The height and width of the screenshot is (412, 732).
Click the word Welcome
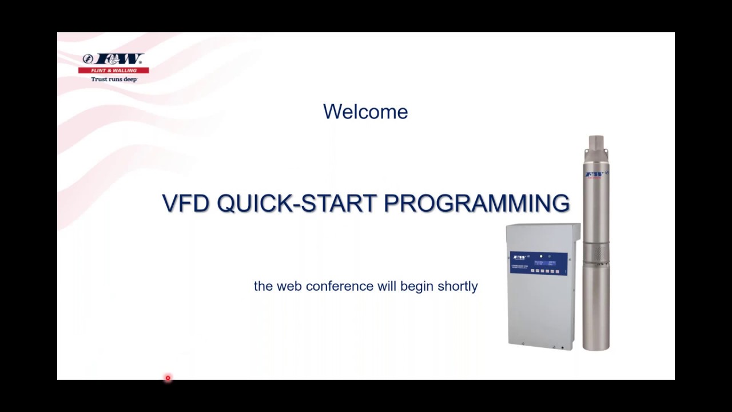point(365,112)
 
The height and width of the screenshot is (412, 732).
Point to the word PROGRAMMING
point(476,204)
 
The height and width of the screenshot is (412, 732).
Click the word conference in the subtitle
point(340,286)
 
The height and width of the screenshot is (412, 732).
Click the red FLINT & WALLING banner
point(114,70)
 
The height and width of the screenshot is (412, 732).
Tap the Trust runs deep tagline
point(114,79)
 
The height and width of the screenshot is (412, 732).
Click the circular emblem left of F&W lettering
point(87,58)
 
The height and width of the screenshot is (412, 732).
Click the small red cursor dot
point(168,378)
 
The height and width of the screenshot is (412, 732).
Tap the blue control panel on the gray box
point(538,263)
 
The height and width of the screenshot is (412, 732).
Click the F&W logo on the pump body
point(594,174)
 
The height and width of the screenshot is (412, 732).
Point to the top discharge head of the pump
point(596,143)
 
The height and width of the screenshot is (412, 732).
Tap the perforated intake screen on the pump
point(595,252)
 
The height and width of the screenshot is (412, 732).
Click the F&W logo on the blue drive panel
point(519,257)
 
